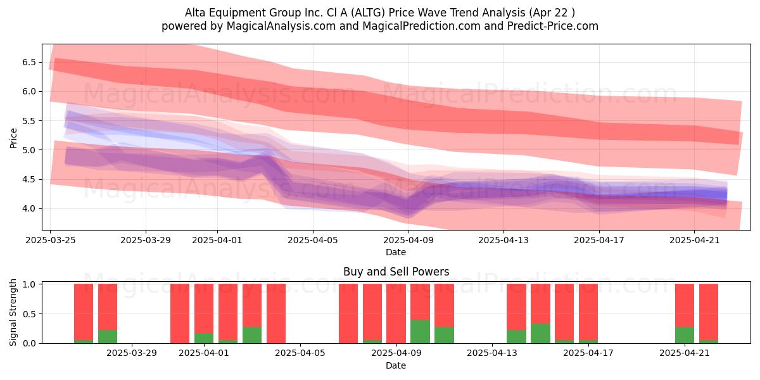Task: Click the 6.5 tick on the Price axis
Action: (x=29, y=63)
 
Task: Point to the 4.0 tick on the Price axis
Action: (x=29, y=208)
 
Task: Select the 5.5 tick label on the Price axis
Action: (x=29, y=121)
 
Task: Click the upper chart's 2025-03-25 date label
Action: (x=51, y=240)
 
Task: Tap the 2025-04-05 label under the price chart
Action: (x=313, y=240)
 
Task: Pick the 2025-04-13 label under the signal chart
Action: (x=492, y=353)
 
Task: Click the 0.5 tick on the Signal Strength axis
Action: (x=30, y=314)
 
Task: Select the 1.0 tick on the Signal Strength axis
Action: (x=30, y=284)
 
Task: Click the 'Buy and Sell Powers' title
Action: (x=396, y=272)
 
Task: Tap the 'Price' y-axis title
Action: (x=13, y=138)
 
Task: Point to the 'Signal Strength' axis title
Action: (x=13, y=312)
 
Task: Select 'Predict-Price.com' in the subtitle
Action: (x=553, y=26)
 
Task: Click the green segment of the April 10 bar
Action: (x=420, y=331)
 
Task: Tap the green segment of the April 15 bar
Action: (x=540, y=334)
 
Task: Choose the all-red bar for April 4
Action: (x=276, y=313)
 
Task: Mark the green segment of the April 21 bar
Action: (x=685, y=335)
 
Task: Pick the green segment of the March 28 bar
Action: (x=108, y=336)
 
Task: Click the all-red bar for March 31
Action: (x=180, y=313)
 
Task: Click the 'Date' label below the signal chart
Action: (x=396, y=365)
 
